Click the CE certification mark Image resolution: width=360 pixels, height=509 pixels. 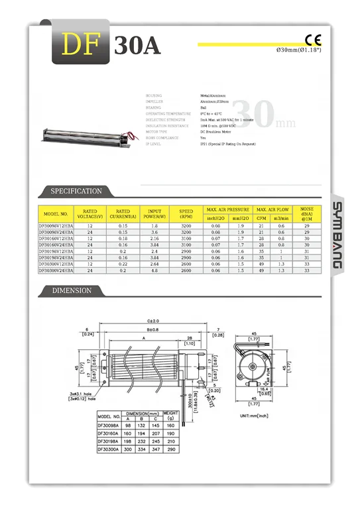tap(313, 38)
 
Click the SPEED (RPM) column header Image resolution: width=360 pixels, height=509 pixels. tap(186, 213)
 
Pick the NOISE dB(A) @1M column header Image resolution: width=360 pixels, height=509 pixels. tap(307, 213)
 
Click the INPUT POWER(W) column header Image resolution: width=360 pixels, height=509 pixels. tap(154, 213)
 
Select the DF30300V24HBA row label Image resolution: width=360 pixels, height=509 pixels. tap(56, 270)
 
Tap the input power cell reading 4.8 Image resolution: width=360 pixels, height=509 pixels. tap(154, 270)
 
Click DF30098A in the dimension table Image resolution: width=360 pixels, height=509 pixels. tap(107, 425)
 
